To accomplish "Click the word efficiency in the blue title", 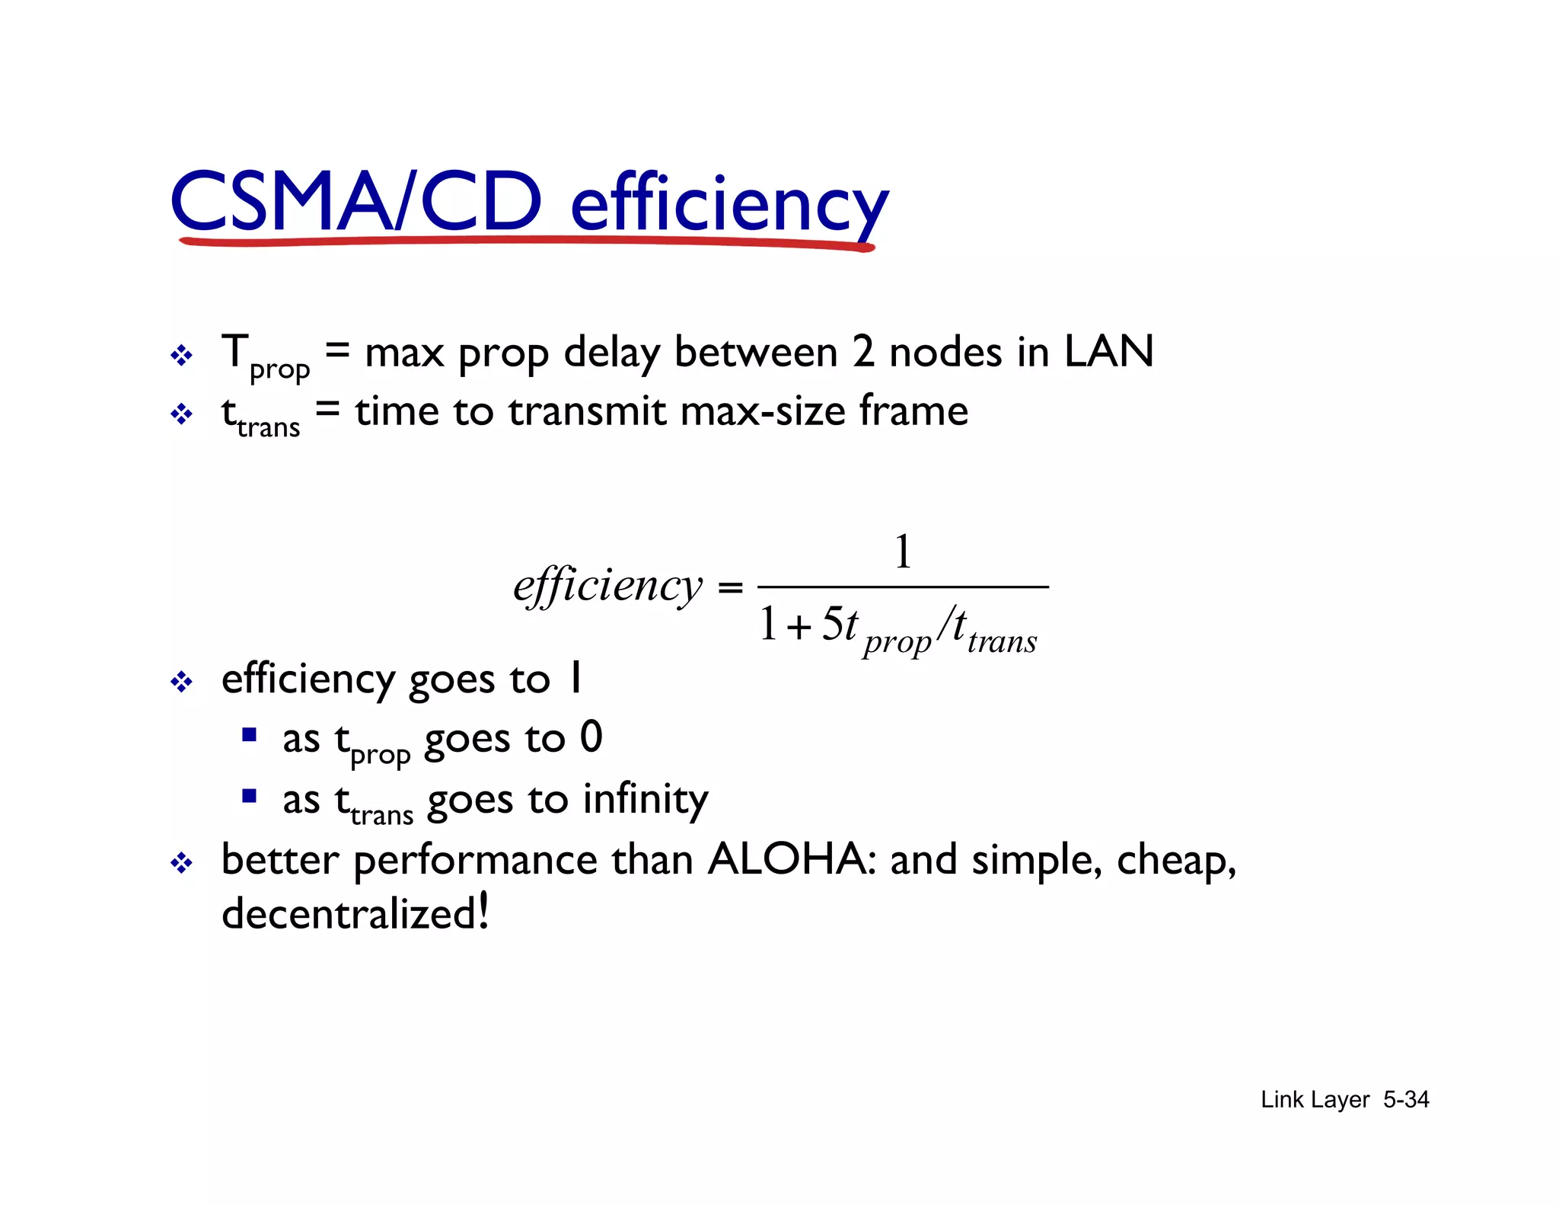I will (729, 204).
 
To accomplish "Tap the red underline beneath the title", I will (525, 242).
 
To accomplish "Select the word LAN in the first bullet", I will (1108, 352).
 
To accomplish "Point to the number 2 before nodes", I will (862, 353).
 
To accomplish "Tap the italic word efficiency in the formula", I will (607, 587).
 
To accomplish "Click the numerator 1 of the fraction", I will (903, 551).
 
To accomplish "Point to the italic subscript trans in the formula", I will (1002, 641).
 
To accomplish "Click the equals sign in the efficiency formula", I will (730, 587).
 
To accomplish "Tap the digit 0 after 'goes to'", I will (591, 737).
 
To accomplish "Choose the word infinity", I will (646, 800).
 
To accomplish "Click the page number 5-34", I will (1406, 1099).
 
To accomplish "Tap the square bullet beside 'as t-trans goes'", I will (249, 797).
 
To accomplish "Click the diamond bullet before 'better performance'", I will (181, 864).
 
